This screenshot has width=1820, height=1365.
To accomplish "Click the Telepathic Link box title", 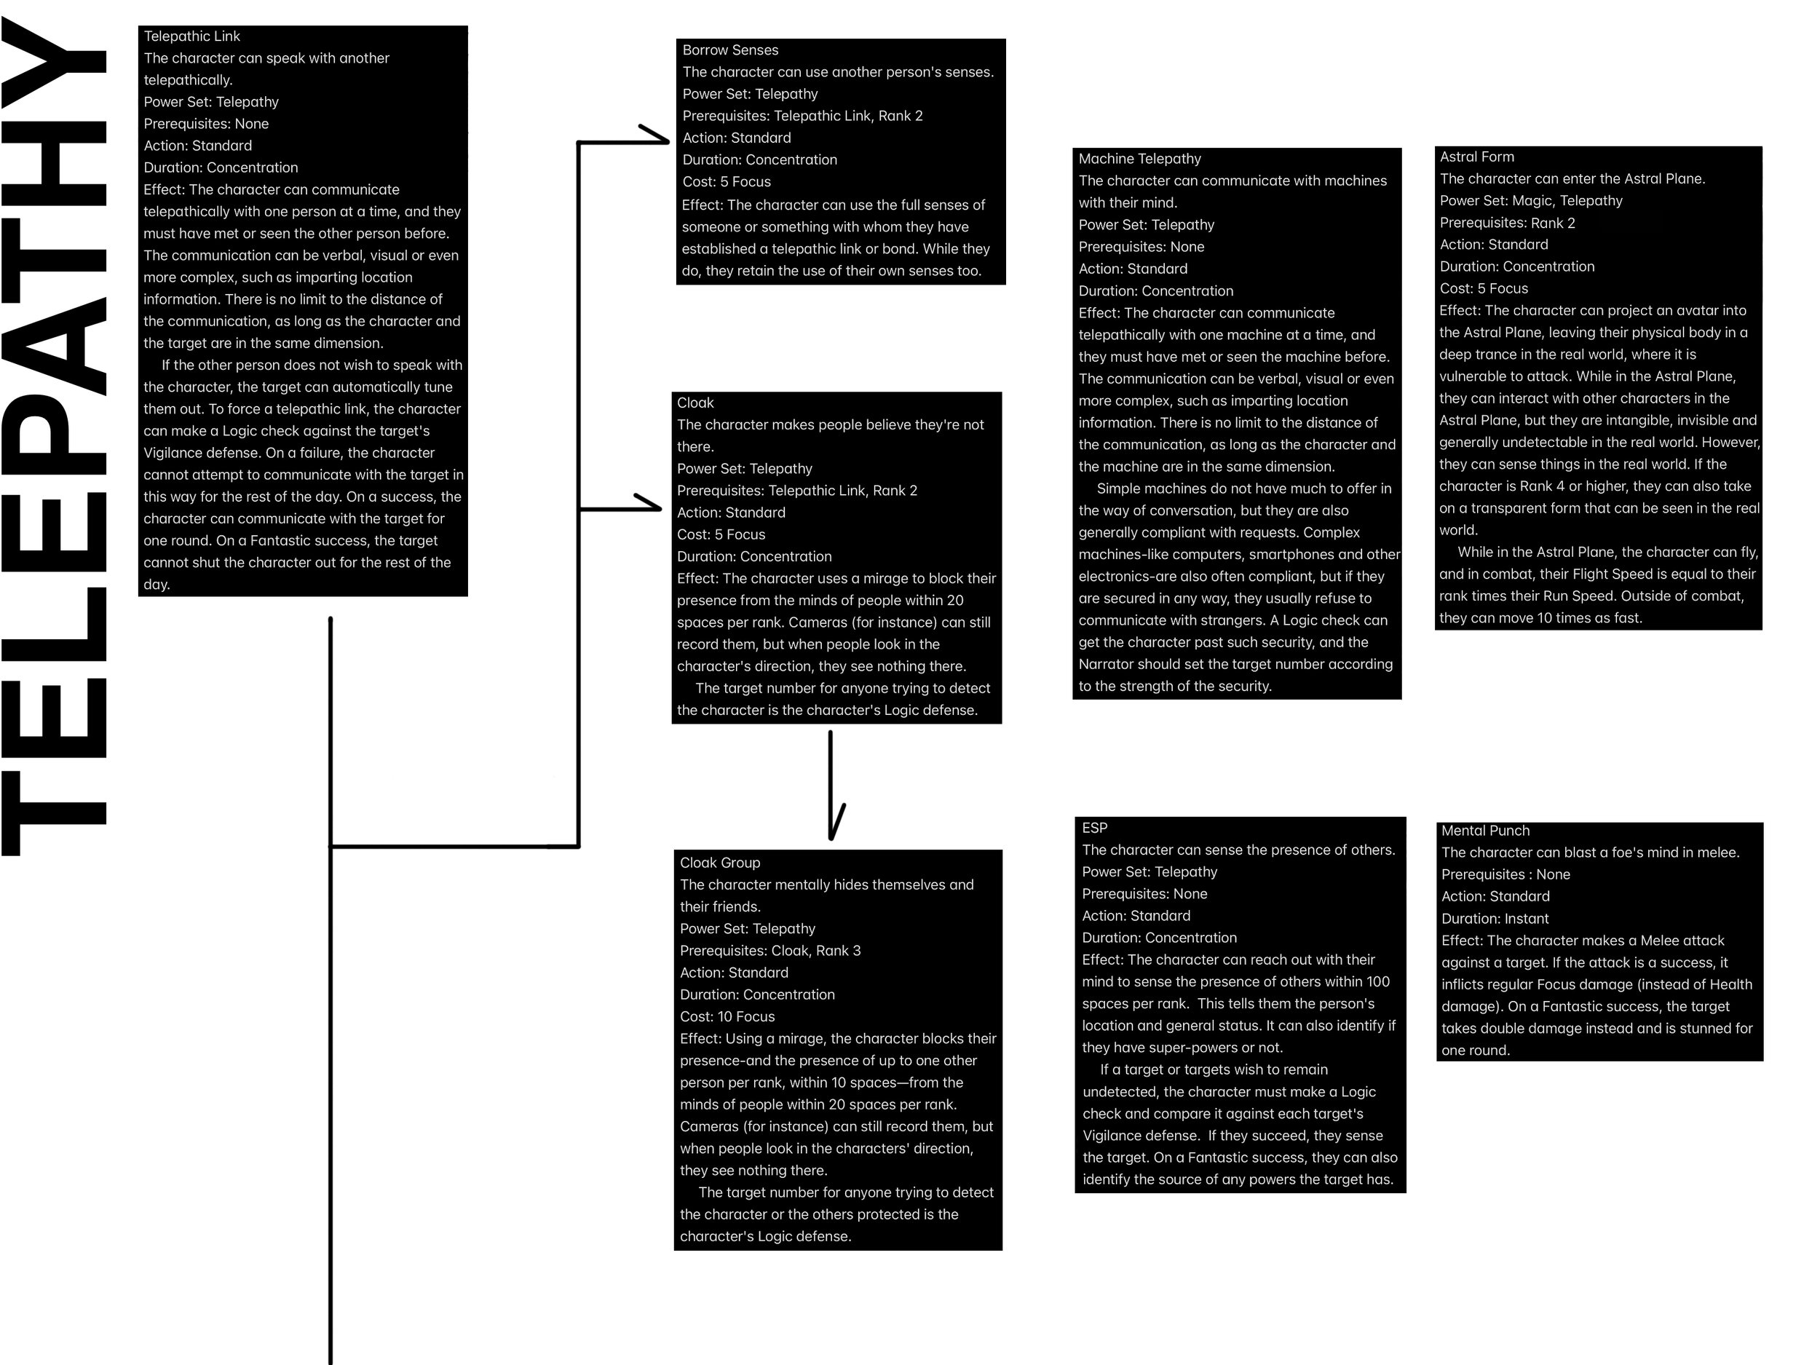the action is coord(191,36).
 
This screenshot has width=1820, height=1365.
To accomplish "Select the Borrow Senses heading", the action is coord(729,50).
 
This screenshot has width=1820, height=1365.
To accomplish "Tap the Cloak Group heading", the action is coord(719,862).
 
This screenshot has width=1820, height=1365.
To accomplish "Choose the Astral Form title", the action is coord(1476,157).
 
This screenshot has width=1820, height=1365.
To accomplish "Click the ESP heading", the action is coord(1094,828).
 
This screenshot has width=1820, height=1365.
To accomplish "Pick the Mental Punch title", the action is coord(1485,830).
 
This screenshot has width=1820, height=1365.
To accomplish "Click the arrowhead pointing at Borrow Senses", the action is coord(657,138).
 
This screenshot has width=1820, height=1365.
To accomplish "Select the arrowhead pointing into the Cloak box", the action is coord(651,505).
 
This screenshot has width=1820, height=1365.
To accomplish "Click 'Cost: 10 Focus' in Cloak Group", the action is coord(727,1016).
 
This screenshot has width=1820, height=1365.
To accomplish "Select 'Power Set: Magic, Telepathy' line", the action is coord(1530,201).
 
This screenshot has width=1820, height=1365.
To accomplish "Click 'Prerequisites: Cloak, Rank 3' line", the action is coord(769,950).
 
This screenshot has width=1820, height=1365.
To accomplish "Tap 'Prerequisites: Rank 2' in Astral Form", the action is coord(1506,223).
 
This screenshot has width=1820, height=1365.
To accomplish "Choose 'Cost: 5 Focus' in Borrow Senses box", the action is coord(726,182).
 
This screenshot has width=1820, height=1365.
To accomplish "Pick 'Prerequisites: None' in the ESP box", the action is coord(1144,893).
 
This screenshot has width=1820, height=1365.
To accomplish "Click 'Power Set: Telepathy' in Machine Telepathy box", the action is coord(1145,225).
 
